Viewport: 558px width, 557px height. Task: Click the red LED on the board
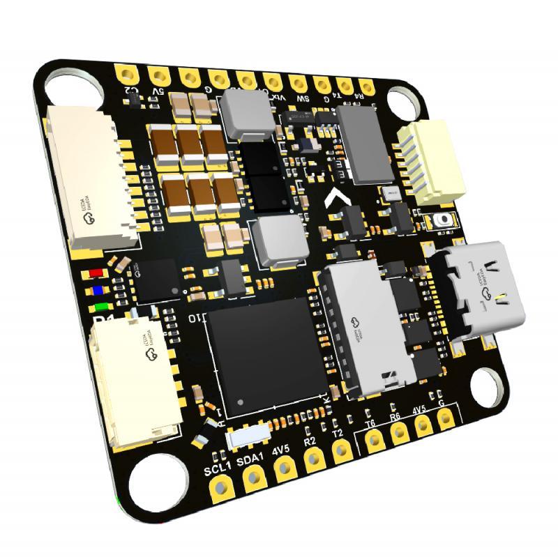[x=96, y=273]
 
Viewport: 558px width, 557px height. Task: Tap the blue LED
[x=98, y=289]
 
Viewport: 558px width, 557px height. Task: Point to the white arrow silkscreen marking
[x=338, y=201]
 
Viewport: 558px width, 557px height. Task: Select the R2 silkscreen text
[x=310, y=441]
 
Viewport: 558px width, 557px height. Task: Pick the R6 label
[x=395, y=417]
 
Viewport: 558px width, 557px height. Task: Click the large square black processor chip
[x=266, y=355]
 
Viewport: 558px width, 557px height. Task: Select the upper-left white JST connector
[x=91, y=178]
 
